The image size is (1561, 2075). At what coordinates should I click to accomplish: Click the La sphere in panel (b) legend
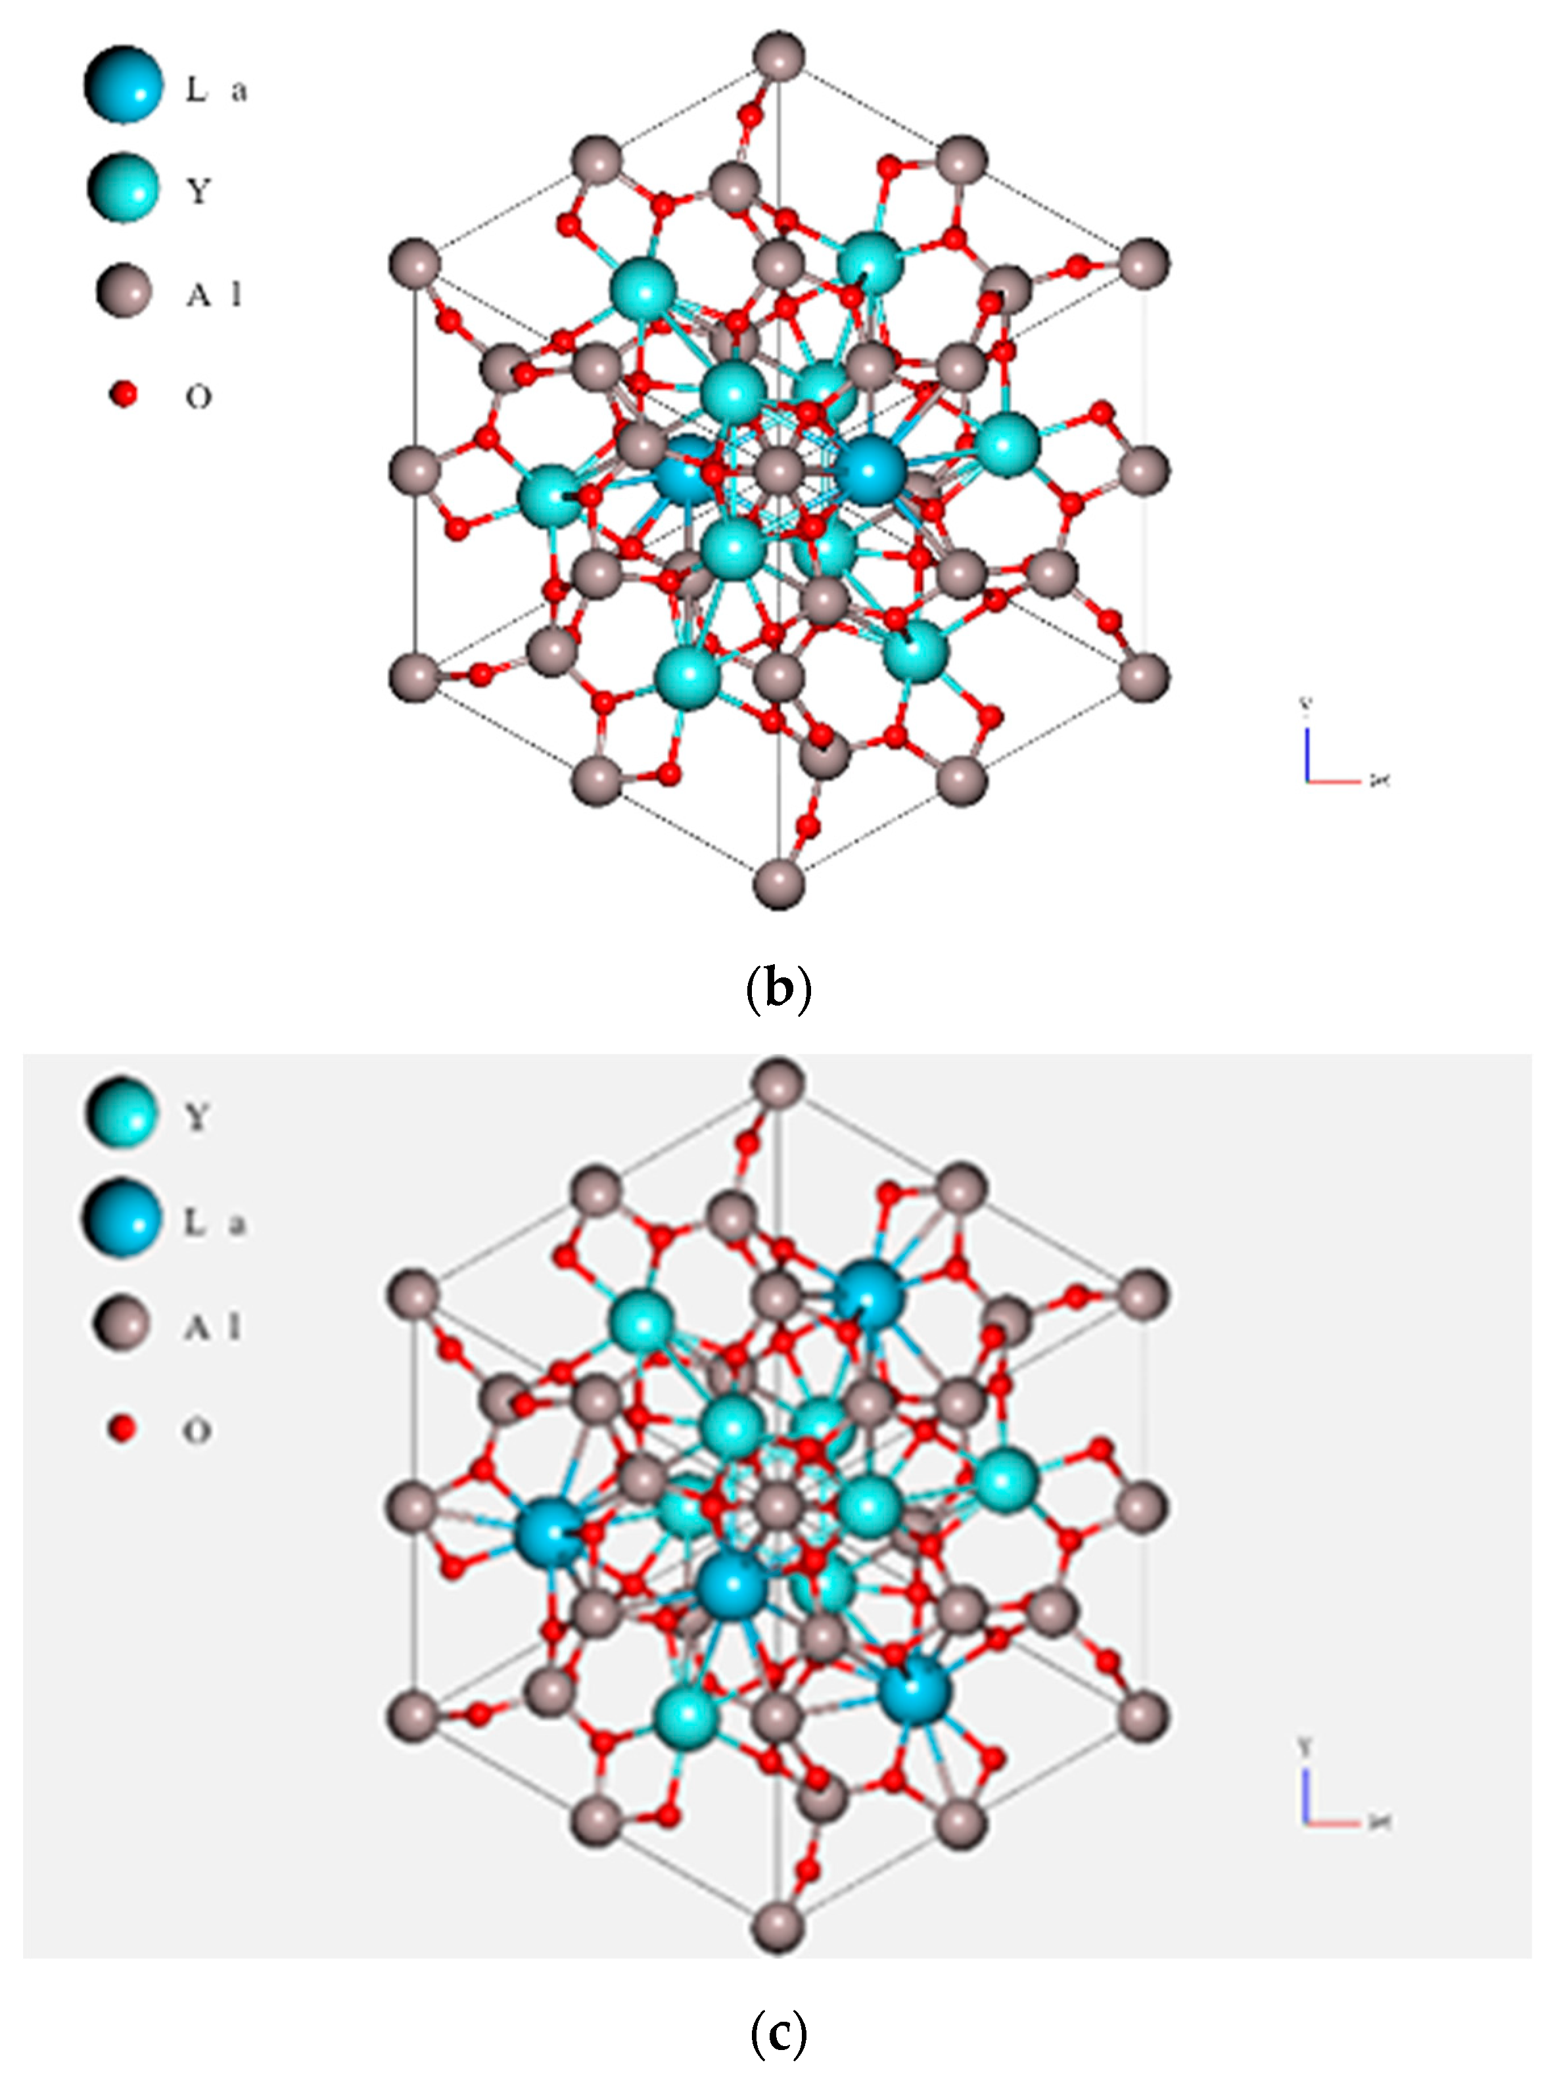click(123, 84)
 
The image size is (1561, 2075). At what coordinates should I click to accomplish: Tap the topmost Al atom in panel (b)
click(779, 57)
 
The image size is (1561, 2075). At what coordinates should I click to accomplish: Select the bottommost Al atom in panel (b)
click(779, 883)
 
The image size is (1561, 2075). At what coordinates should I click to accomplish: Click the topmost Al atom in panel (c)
click(779, 1083)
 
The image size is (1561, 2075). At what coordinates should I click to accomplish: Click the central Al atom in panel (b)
click(779, 469)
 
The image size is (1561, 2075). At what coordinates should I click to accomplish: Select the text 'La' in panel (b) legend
click(216, 91)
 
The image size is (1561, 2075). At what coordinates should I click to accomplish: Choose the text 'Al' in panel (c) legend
click(214, 1326)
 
